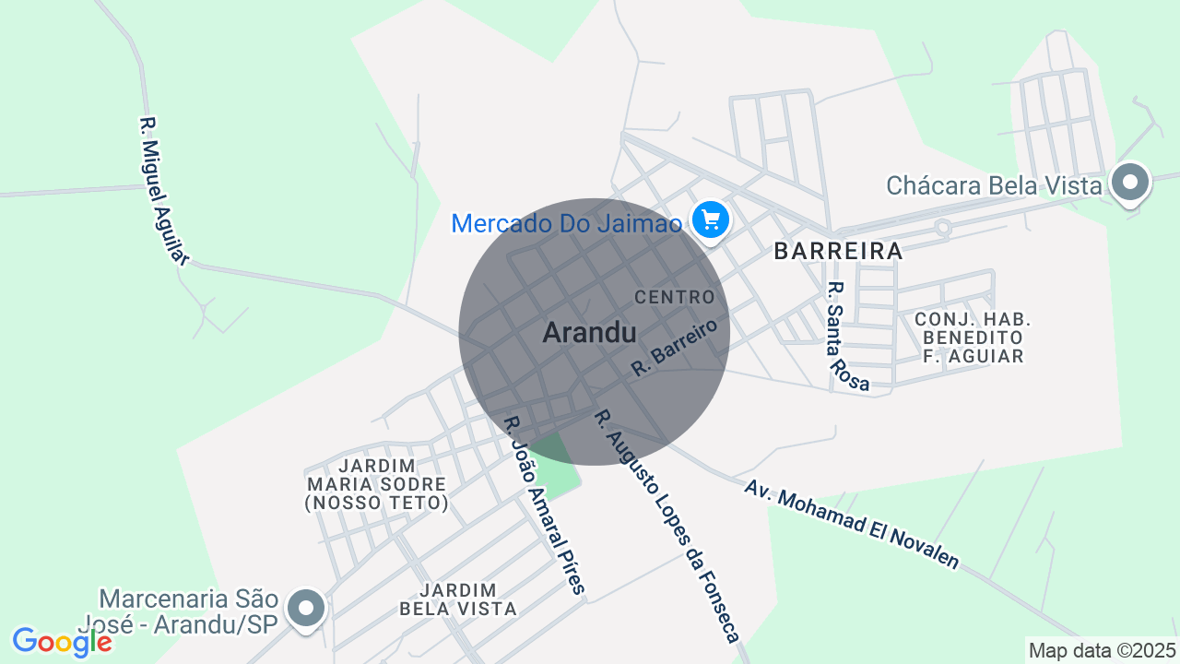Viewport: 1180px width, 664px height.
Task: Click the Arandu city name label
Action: [x=589, y=332]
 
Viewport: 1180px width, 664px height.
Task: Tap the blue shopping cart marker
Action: [x=711, y=220]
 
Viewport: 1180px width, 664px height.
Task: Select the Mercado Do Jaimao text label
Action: [x=566, y=223]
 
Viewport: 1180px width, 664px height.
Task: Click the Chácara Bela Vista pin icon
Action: [x=1129, y=183]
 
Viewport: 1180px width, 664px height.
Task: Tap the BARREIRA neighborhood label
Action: [x=838, y=251]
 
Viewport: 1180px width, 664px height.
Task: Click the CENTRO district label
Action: [x=675, y=297]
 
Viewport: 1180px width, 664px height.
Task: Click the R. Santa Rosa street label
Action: [x=848, y=336]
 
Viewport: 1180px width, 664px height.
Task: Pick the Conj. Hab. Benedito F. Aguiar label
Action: [x=973, y=338]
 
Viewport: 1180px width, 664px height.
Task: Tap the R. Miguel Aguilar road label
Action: [x=163, y=191]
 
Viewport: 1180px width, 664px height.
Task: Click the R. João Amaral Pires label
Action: [x=544, y=504]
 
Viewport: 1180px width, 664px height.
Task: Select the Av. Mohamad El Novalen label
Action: [x=852, y=523]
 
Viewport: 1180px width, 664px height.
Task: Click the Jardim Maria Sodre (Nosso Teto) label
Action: [x=376, y=484]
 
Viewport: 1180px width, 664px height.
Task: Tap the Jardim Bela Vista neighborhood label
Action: [x=458, y=599]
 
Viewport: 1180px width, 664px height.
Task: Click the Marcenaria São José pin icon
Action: [x=306, y=609]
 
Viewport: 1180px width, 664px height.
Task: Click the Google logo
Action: [x=62, y=642]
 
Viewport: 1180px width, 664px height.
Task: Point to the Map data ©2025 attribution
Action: [x=1103, y=650]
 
